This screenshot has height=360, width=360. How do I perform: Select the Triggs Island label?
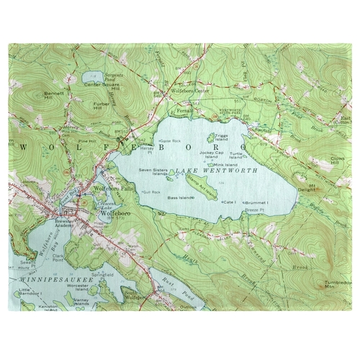click(221, 137)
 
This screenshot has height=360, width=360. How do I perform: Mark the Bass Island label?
click(180, 196)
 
